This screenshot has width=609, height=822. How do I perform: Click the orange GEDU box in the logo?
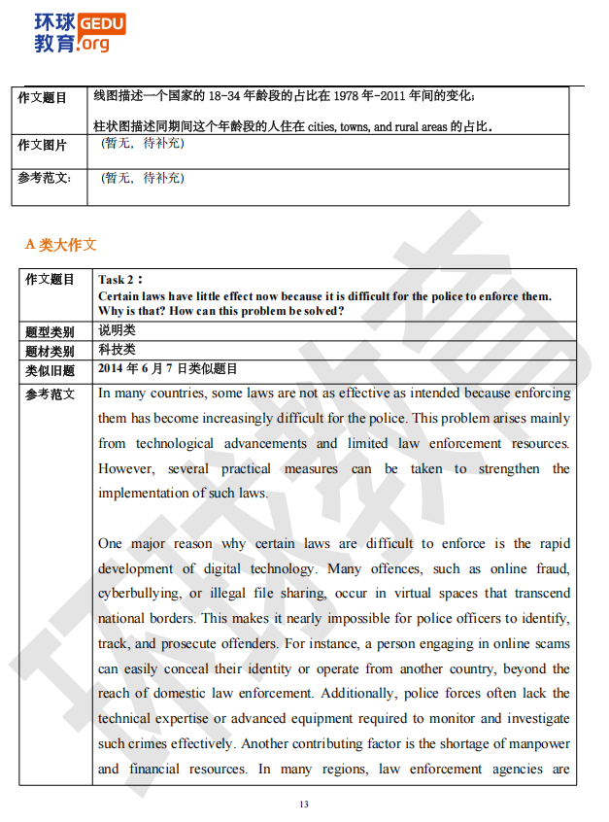[x=101, y=23]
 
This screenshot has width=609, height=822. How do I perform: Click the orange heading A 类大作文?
[x=60, y=244]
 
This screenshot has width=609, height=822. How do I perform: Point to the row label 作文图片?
[x=43, y=145]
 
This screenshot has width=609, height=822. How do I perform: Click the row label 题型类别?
[x=50, y=331]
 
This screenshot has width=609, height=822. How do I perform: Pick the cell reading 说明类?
[x=117, y=330]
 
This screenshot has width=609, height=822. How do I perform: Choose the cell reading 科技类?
[x=117, y=350]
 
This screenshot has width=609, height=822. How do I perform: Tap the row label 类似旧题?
[x=50, y=370]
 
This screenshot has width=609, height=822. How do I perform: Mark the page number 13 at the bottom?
[x=304, y=805]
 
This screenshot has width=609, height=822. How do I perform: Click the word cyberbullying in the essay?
[x=138, y=594]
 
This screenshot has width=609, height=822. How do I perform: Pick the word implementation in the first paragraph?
[x=144, y=493]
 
